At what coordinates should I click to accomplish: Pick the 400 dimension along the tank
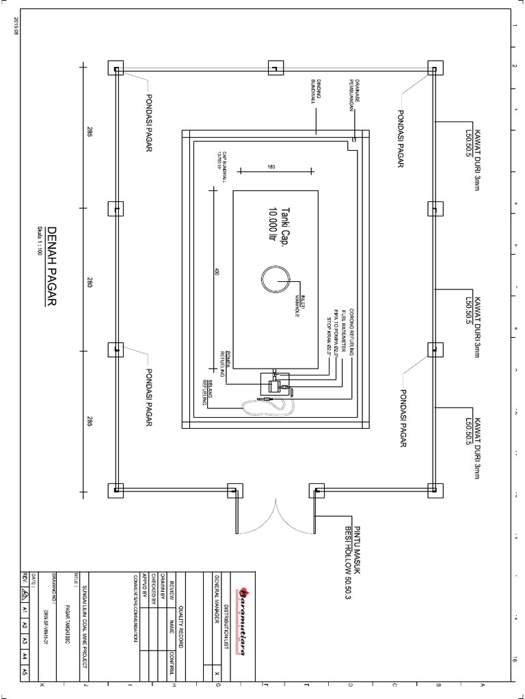(216, 272)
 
